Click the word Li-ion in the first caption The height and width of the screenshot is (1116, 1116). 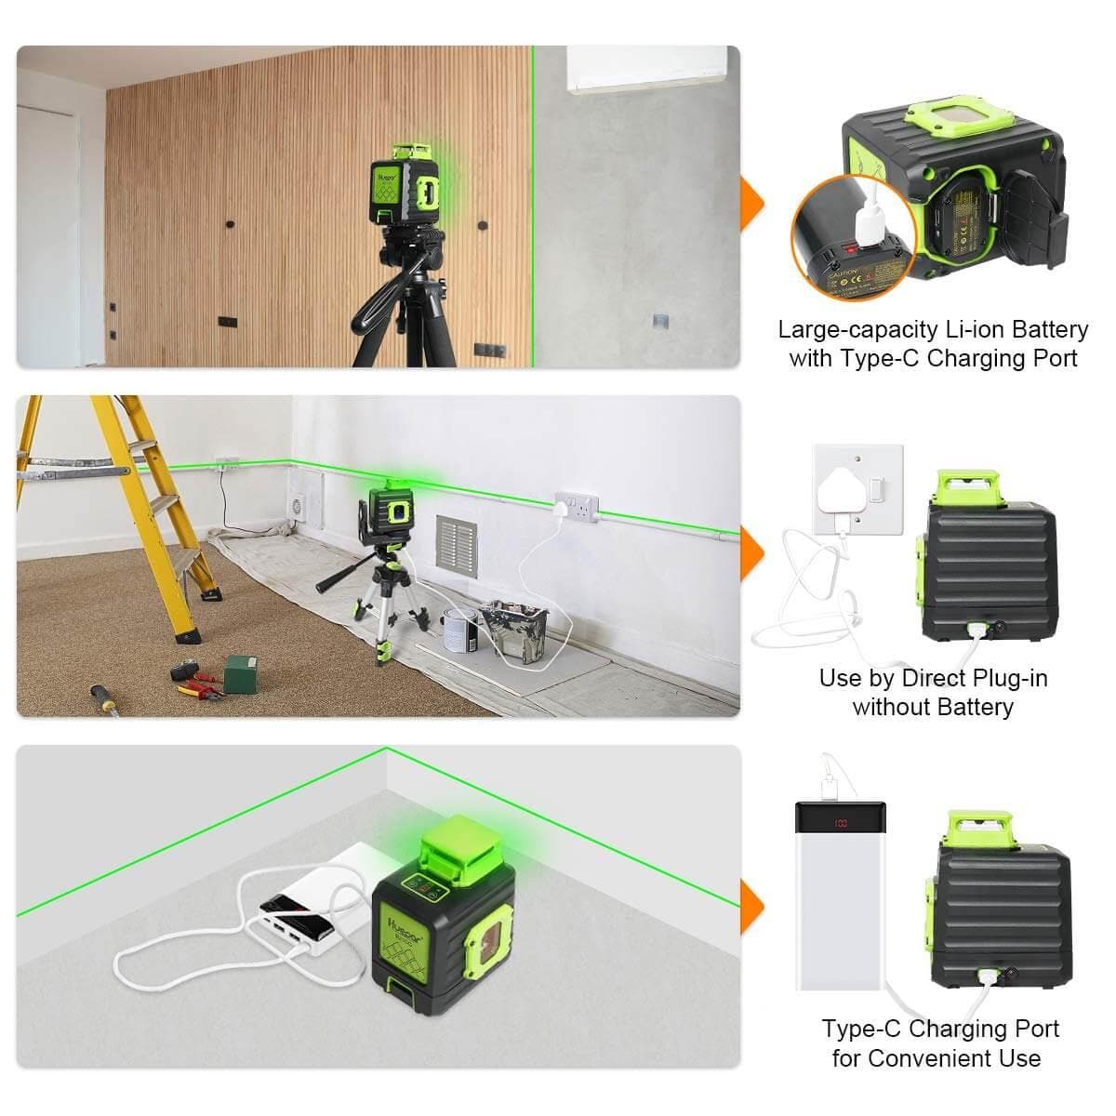(x=970, y=330)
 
